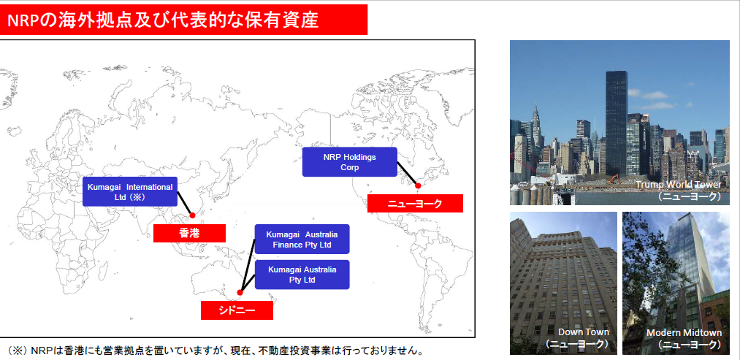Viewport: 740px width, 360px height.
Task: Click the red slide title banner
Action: pyautogui.click(x=183, y=20)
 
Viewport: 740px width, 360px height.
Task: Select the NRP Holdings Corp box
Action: pyautogui.click(x=350, y=162)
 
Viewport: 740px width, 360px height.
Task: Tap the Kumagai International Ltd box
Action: pyautogui.click(x=130, y=191)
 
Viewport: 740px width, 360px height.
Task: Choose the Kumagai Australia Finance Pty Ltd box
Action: pyautogui.click(x=302, y=239)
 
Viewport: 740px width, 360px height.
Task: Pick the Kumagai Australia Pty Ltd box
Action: pyautogui.click(x=302, y=274)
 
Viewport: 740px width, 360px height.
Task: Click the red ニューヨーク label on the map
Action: pyautogui.click(x=415, y=204)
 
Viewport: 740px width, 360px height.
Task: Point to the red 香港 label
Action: pyautogui.click(x=189, y=233)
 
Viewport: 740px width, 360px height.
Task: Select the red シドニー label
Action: pyautogui.click(x=237, y=310)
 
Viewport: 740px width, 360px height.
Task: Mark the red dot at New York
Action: pyautogui.click(x=418, y=185)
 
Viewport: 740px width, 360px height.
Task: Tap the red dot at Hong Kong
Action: pyautogui.click(x=192, y=215)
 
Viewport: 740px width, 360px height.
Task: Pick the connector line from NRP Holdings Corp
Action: pyautogui.click(x=407, y=175)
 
